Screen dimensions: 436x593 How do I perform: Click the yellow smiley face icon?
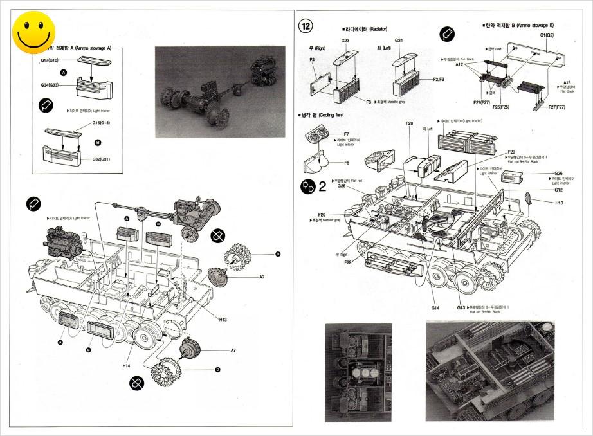coord(33,33)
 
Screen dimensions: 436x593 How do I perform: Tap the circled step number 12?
coord(306,26)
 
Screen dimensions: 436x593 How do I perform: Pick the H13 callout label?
coord(223,319)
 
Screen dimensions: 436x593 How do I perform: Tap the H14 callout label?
coord(127,365)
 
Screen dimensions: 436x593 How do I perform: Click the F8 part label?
coord(346,163)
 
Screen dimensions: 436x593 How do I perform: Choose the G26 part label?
coord(558,173)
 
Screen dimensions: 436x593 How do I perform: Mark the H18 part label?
coord(560,203)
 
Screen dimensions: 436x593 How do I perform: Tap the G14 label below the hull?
coord(435,308)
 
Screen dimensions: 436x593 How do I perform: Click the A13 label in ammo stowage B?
coord(567,82)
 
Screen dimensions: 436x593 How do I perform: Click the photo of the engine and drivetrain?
coord(219,91)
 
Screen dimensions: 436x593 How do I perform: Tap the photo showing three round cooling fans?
coord(358,372)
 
